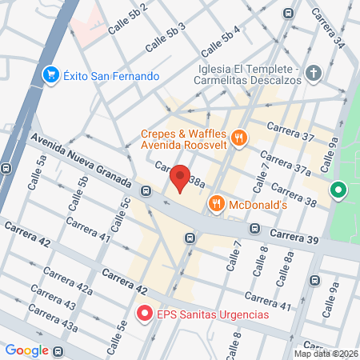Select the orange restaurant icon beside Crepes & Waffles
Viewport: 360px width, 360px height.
(x=238, y=139)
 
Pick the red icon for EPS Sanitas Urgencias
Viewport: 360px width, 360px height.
(x=145, y=314)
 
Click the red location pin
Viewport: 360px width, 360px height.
(x=181, y=178)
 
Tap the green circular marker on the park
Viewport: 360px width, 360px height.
(x=338, y=190)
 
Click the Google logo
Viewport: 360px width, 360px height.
(x=26, y=350)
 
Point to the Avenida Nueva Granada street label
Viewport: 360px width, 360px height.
(x=80, y=160)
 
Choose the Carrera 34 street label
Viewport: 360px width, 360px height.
(x=328, y=28)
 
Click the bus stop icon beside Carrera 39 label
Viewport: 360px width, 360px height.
(x=254, y=228)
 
